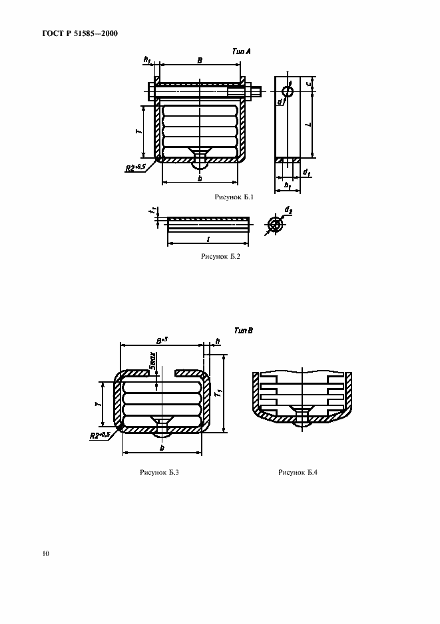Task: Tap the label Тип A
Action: coord(240,51)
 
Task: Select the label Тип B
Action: coord(243,330)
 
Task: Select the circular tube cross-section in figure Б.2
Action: coord(274,225)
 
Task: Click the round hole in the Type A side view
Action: coord(287,91)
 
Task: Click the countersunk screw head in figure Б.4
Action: coord(302,416)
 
